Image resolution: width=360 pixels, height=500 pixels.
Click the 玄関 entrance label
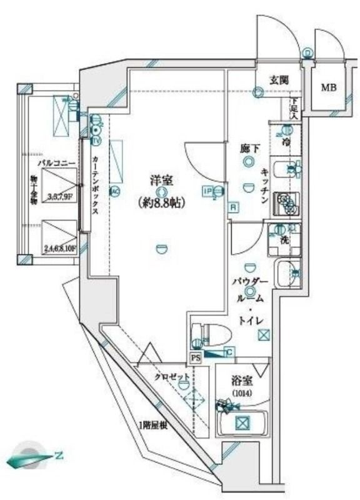pos(279,79)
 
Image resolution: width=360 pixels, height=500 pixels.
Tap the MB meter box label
pos(329,87)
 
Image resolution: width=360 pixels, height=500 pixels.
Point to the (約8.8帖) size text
pos(161,202)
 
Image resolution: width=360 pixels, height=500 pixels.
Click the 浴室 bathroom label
pos(241,381)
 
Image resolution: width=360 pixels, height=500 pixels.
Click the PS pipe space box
pos(196,358)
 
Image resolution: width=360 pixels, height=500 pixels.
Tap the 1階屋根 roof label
pos(154,426)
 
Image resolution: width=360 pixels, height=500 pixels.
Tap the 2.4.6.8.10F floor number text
pos(60,248)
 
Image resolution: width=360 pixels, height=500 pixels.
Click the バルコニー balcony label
pos(56,163)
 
